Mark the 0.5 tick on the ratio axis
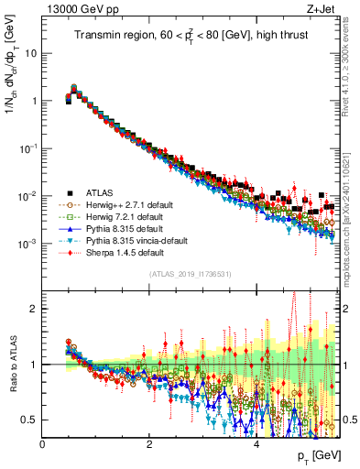click(x=30, y=420)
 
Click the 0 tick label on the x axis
click(x=43, y=442)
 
